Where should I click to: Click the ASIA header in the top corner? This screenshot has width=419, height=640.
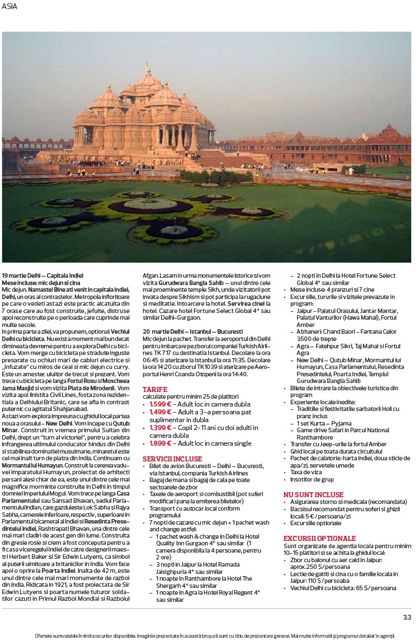tap(10, 6)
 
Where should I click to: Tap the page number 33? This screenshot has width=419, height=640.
tap(407, 617)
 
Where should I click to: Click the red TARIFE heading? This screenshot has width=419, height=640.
tap(155, 389)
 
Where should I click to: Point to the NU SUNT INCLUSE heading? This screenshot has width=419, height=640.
tap(313, 494)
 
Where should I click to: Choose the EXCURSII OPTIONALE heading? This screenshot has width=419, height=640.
tap(319, 538)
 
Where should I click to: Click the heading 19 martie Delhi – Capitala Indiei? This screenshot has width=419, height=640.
tap(43, 275)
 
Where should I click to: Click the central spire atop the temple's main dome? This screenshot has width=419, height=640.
tap(148, 68)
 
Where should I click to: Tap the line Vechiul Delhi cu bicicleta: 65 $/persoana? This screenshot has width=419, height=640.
tap(346, 588)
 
